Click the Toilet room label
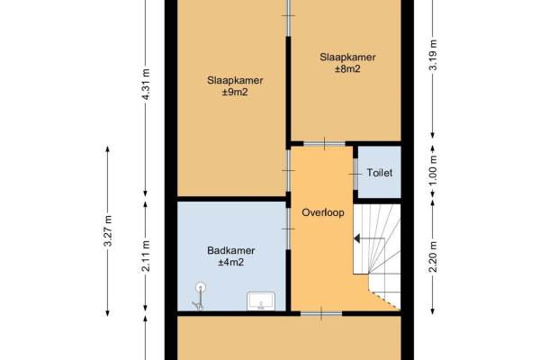[379, 173]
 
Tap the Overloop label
[323, 212]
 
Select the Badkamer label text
[231, 250]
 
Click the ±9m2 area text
[235, 93]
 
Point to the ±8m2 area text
[347, 69]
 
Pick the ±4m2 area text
[230, 263]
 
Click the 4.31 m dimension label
[146, 85]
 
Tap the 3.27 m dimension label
[108, 230]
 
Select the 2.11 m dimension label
[146, 256]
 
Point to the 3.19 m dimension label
[433, 55]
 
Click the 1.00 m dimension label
[433, 170]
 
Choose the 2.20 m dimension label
[433, 256]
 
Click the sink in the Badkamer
[261, 301]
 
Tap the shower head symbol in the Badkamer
[200, 287]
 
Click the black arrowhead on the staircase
[356, 238]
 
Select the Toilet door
[355, 174]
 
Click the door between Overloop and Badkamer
[288, 229]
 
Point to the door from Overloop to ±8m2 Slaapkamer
[324, 144]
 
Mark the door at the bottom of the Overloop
[321, 313]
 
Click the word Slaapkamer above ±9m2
[235, 80]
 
